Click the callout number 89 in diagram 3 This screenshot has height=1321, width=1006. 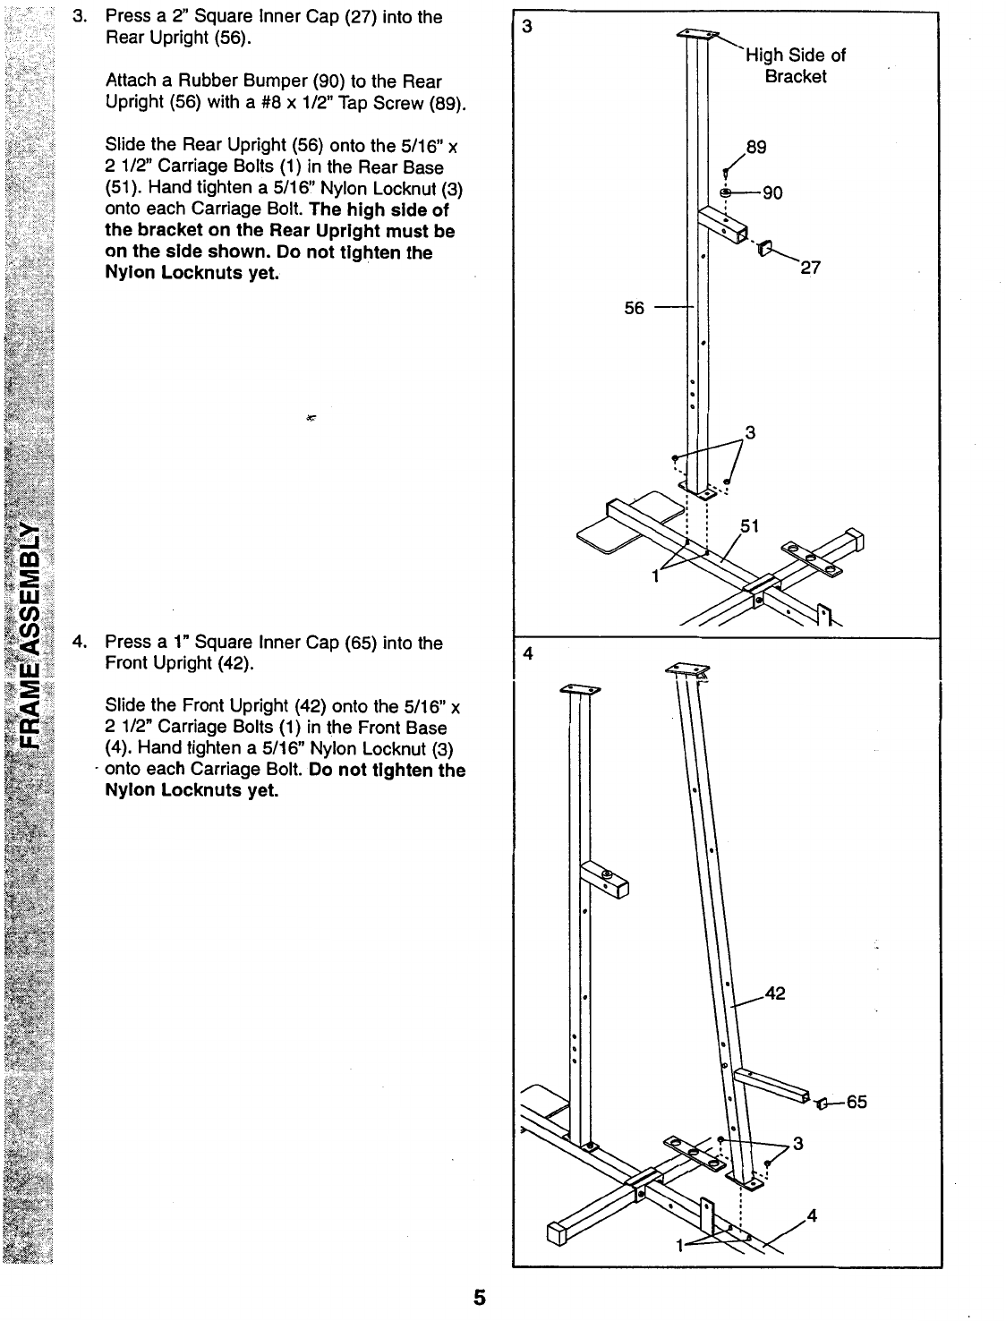(756, 148)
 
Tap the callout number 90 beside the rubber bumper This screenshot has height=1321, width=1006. (772, 192)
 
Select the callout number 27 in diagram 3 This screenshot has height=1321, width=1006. (811, 267)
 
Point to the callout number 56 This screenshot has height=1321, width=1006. (634, 307)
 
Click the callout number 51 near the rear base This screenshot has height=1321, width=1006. (749, 526)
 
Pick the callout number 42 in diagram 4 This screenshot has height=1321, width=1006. (774, 993)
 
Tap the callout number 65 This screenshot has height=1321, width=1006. (857, 1102)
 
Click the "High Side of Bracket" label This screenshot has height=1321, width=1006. (796, 65)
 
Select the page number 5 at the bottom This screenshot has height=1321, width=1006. (480, 1297)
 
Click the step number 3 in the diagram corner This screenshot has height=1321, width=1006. (527, 27)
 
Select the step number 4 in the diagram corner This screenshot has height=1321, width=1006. (527, 653)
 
